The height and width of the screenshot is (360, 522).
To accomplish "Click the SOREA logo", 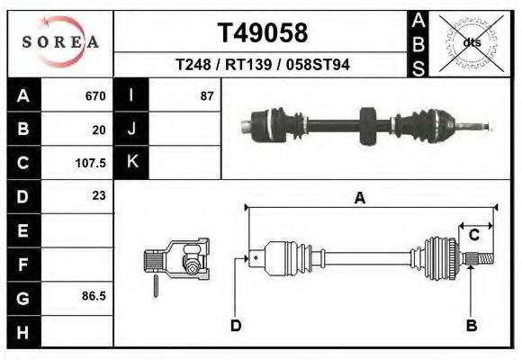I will point(61,42).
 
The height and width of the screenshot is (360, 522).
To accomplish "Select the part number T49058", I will point(263,33).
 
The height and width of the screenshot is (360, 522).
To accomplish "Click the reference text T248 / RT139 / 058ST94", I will point(263,65).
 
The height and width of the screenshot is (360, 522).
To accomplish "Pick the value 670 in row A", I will point(95,96).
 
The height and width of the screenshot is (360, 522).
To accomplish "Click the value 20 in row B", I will point(99,130).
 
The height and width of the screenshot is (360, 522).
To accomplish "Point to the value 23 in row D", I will point(99,196).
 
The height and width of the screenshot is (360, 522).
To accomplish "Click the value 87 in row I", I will point(206,96).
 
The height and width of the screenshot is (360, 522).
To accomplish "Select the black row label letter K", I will point(131,163).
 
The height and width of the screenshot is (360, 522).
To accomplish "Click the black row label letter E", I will point(23,229).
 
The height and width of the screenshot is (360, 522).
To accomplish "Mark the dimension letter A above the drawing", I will point(359,199).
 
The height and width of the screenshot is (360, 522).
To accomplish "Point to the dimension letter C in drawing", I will point(472,236).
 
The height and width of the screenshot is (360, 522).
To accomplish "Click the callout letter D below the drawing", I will point(236,325).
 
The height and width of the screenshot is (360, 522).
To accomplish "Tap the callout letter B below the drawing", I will point(471,325).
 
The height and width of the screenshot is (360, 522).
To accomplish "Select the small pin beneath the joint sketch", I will point(157,284).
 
